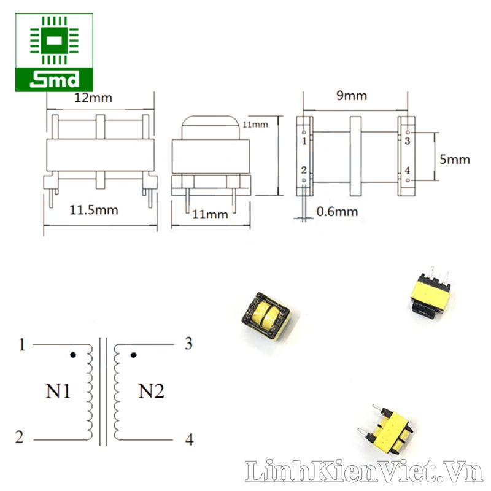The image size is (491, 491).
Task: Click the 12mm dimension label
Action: tap(93, 98)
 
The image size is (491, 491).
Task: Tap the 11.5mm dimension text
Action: tap(94, 210)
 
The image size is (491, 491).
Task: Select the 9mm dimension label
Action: tap(352, 96)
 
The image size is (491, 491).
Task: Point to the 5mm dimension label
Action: tap(455, 160)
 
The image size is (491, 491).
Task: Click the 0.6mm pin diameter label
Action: tap(337, 212)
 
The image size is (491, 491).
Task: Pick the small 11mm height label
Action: tap(255, 125)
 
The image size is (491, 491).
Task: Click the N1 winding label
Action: tap(58, 391)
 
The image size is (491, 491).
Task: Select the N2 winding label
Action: tap(151, 391)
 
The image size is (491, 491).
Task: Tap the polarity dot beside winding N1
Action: tap(73, 355)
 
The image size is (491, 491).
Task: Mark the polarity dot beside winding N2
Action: tap(133, 355)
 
